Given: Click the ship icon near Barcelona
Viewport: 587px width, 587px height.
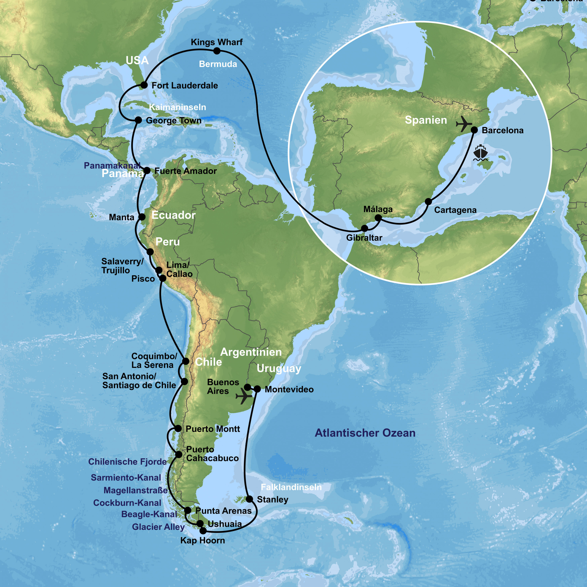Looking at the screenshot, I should coord(480,153).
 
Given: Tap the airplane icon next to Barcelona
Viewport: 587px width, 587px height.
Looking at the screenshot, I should coord(464,124).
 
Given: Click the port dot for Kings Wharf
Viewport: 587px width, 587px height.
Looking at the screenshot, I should coord(217,51).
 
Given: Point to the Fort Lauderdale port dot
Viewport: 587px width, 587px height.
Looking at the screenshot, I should coord(144,85).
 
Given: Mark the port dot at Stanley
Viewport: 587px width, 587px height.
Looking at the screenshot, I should coord(249,499).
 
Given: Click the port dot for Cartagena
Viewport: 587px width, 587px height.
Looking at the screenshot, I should coord(428,202).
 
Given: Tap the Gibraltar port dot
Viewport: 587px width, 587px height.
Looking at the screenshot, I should coord(364,228).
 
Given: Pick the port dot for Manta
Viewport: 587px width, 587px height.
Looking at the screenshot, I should coord(142,217).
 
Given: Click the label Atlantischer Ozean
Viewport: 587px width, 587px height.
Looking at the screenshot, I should coord(365,433).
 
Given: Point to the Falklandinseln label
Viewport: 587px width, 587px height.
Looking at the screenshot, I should coord(291,487).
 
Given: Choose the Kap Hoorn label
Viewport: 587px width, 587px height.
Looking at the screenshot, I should coord(203,540).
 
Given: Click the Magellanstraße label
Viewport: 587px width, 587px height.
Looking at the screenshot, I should coord(136,490).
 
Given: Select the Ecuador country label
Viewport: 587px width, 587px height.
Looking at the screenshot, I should coord(173,215).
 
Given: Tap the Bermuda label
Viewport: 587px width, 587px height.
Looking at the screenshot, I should coord(218,64).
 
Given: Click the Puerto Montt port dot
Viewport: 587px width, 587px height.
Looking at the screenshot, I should coord(178,429).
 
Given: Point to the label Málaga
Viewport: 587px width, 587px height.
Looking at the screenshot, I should coord(378,209).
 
